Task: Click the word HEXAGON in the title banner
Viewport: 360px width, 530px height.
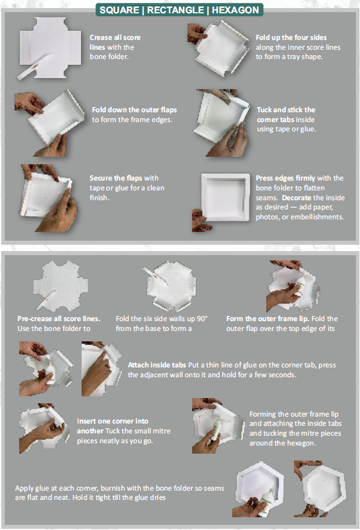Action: (x=235, y=10)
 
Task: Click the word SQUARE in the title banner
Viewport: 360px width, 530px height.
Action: (x=119, y=10)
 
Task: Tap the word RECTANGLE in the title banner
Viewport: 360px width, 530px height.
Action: (x=175, y=10)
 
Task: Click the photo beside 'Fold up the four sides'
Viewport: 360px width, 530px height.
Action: (x=219, y=48)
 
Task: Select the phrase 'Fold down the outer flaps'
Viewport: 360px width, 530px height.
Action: (x=134, y=110)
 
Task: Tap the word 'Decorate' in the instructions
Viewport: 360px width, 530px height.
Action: (x=296, y=198)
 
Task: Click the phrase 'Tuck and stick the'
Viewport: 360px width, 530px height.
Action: (x=286, y=110)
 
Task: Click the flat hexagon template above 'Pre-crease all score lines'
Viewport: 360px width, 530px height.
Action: (x=61, y=286)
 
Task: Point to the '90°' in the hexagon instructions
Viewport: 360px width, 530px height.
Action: (x=202, y=319)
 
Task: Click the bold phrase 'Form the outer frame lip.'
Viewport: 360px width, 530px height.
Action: (x=267, y=319)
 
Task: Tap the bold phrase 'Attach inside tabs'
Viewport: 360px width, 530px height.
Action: (x=157, y=365)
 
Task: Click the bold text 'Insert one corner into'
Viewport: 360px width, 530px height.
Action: (x=112, y=421)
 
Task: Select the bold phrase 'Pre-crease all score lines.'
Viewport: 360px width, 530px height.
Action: (x=59, y=319)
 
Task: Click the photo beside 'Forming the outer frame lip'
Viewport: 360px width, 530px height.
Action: (x=218, y=425)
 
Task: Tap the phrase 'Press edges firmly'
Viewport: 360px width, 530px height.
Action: (x=285, y=178)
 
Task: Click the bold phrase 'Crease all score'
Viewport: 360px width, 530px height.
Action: (x=115, y=38)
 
